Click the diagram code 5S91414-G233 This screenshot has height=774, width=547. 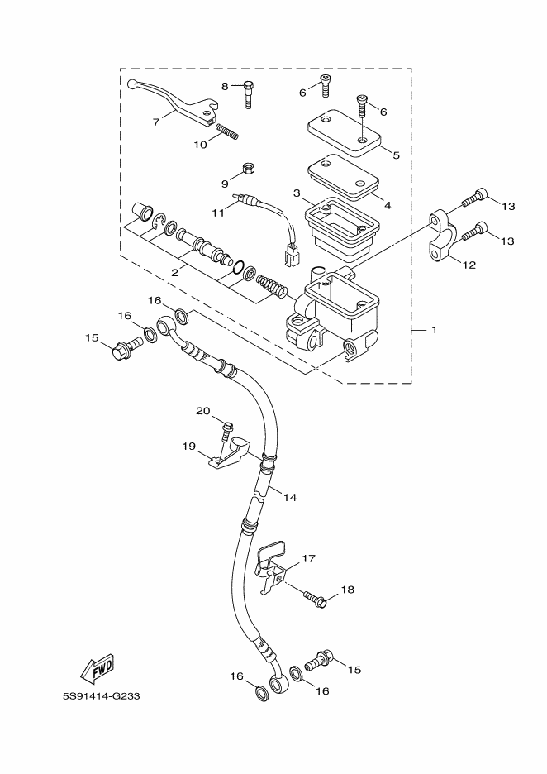tap(102, 695)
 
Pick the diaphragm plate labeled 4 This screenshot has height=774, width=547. tap(344, 181)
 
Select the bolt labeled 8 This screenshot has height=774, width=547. tap(248, 93)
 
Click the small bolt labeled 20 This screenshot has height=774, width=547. tap(226, 430)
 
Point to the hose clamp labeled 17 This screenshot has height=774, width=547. tap(271, 566)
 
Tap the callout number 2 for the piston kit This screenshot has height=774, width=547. tap(175, 271)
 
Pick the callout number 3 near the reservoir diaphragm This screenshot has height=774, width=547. tap(297, 193)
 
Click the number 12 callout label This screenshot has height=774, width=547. tap(469, 265)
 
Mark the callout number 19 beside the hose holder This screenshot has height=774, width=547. tap(188, 447)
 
